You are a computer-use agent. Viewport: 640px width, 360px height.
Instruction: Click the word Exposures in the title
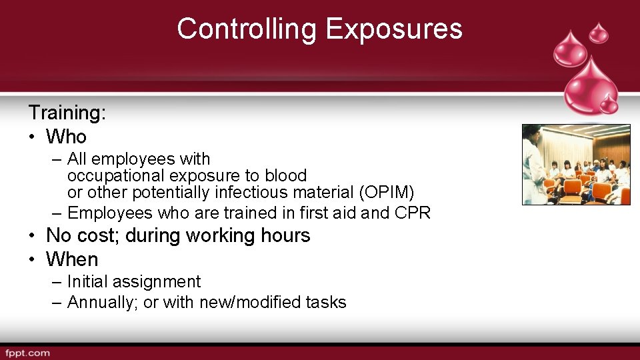point(393,29)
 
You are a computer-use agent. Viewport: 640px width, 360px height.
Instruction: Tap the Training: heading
point(67,113)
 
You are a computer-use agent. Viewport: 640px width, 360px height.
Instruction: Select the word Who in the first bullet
point(66,137)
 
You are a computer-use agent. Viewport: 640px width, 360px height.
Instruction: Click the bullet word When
point(71,259)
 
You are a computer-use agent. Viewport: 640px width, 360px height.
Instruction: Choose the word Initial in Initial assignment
point(88,282)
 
